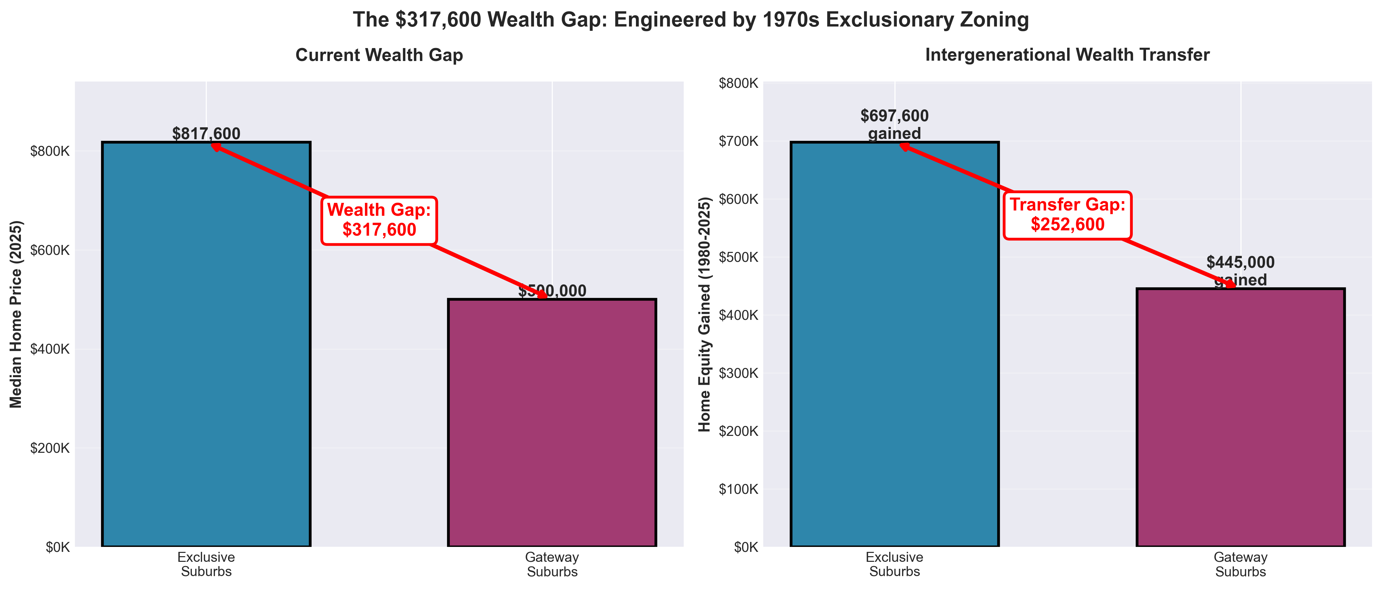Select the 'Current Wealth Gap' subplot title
pos(379,55)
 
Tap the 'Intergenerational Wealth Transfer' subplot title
pos(1067,55)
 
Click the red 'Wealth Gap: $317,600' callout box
pos(379,220)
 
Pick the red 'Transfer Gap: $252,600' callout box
pos(1067,214)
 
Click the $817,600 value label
pos(206,134)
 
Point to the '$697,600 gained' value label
pos(894,124)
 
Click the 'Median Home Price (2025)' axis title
pos(16,314)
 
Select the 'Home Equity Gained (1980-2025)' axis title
pos(704,314)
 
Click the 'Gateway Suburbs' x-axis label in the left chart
pos(552,564)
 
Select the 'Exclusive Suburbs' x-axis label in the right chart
pos(894,564)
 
